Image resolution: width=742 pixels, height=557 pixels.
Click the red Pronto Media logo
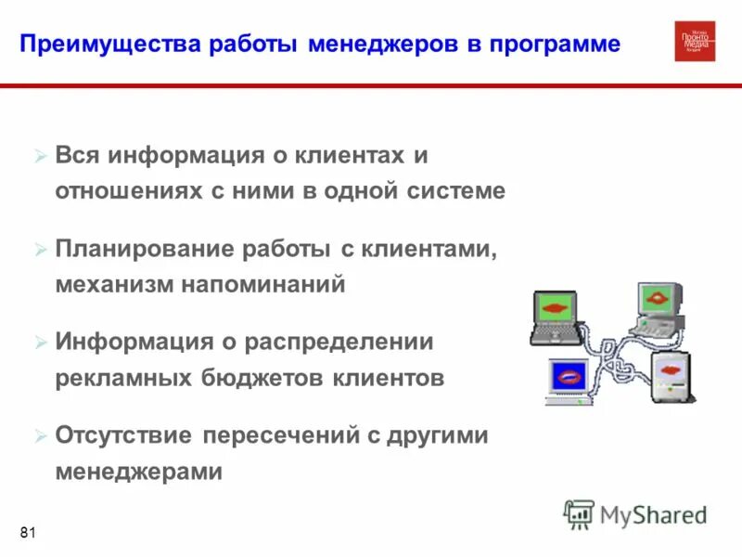[695, 41]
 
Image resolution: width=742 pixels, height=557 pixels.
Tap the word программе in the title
[563, 45]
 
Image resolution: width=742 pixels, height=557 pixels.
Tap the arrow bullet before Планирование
[40, 250]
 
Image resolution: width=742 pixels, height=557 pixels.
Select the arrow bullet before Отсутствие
[40, 436]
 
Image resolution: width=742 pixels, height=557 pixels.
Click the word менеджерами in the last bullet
[139, 472]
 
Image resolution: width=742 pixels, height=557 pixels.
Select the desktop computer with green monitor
[659, 306]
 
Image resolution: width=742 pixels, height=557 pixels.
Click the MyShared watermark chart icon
[580, 514]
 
